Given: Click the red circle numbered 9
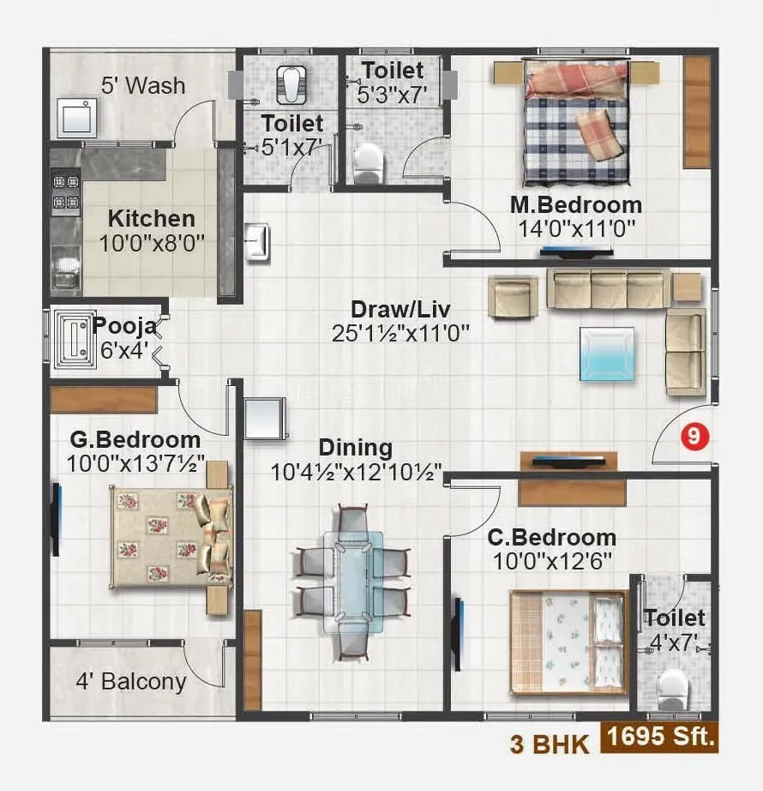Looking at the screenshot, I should tap(694, 436).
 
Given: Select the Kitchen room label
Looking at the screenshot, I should tap(151, 218).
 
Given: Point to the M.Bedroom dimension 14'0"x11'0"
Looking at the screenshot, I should tap(575, 230).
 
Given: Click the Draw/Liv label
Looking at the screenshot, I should tap(400, 309).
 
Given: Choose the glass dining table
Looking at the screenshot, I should tap(353, 581).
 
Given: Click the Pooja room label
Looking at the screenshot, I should tap(124, 326).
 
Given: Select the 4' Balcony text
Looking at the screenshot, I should tap(130, 682).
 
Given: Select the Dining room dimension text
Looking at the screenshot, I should tap(356, 472).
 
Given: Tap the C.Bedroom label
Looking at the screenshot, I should tap(551, 538).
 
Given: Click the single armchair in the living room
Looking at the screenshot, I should tap(513, 296).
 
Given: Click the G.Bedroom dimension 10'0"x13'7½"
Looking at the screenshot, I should tap(136, 464).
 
